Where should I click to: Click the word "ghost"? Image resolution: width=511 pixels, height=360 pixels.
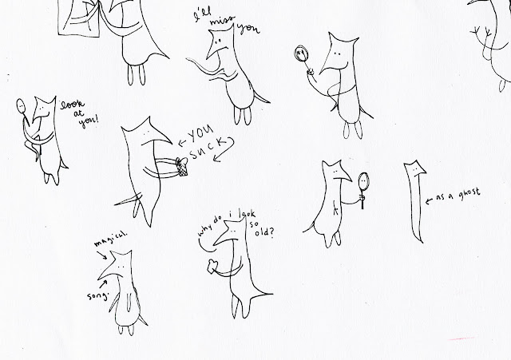(x=469, y=193)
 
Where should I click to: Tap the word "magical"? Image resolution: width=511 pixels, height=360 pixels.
(x=110, y=239)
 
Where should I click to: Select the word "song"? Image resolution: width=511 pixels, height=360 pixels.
(x=97, y=295)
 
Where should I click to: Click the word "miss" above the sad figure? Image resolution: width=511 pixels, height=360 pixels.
(x=221, y=21)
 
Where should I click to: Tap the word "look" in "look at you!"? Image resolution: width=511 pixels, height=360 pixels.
(x=72, y=105)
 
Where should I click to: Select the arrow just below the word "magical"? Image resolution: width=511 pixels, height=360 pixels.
(x=102, y=255)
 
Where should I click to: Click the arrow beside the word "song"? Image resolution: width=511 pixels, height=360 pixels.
(x=102, y=285)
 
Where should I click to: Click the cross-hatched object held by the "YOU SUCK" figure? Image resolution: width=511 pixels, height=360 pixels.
(x=182, y=167)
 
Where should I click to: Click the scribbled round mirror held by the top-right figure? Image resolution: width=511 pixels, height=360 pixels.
(x=301, y=53)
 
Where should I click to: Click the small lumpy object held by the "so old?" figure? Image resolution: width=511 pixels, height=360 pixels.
(x=212, y=266)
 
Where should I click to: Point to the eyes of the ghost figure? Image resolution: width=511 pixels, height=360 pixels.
(x=415, y=170)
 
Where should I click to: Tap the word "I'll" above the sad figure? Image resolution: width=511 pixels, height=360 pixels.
(x=202, y=15)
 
